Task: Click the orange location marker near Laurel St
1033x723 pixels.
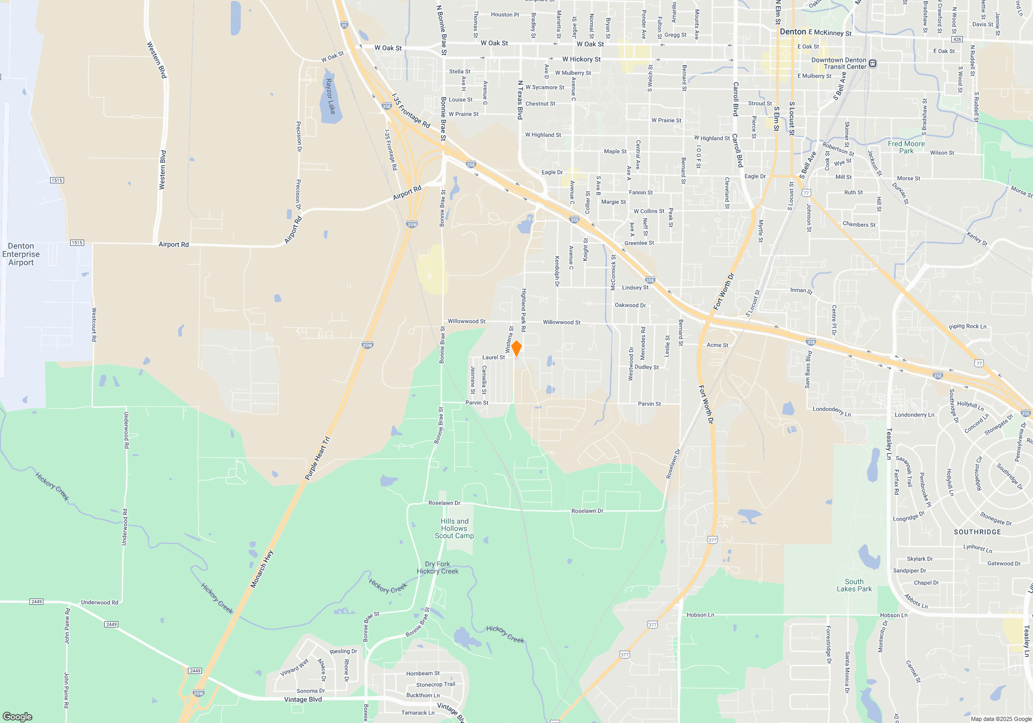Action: click(516, 348)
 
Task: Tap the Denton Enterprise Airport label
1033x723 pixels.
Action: click(21, 254)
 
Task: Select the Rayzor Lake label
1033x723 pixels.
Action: click(330, 97)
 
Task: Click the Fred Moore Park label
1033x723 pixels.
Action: click(906, 147)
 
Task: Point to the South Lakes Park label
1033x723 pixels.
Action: click(854, 585)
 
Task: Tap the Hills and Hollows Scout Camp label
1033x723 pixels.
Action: click(455, 528)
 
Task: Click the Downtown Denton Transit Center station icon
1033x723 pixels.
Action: click(872, 64)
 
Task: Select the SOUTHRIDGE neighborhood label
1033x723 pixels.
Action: click(977, 532)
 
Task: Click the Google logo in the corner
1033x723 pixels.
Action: click(18, 717)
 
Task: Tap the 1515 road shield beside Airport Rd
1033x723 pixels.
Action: click(77, 243)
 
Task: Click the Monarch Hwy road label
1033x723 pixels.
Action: click(262, 569)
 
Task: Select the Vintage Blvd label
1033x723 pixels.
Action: click(303, 700)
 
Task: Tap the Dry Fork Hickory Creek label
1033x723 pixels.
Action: click(437, 568)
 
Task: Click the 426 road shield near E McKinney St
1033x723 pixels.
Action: click(957, 39)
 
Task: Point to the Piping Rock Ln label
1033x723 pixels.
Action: click(967, 326)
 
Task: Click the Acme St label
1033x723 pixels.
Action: click(717, 345)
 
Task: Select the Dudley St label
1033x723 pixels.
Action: click(647, 367)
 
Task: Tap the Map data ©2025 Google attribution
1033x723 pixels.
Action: click(1001, 719)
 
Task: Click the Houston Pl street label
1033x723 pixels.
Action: click(505, 15)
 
